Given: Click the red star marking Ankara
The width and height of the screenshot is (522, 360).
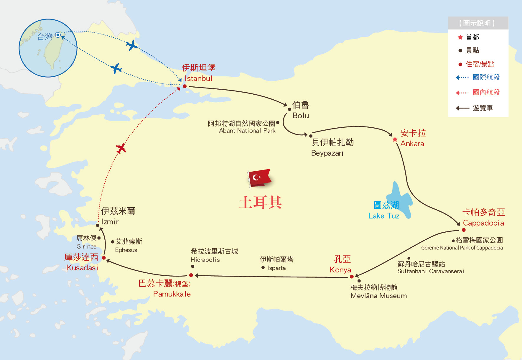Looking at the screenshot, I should click(x=395, y=139).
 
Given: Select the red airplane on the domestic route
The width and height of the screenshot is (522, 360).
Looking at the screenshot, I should click(x=121, y=148).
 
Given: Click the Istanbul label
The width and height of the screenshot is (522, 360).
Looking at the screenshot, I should click(x=198, y=78).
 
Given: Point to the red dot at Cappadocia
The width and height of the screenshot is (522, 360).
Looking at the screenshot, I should click(x=464, y=230).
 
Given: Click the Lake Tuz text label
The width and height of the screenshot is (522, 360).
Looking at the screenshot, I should click(x=384, y=216).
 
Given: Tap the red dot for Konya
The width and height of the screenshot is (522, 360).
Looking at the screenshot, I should click(x=352, y=277).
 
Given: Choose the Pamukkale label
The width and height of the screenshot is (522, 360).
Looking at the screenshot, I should click(x=172, y=294).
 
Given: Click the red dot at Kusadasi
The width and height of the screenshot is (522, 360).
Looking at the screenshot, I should click(x=104, y=258).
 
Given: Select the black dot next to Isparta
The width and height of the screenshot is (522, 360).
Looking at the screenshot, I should click(x=263, y=267).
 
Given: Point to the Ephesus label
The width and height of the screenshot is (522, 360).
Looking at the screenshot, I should click(x=126, y=250).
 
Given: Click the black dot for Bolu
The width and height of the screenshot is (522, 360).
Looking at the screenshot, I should click(x=289, y=109).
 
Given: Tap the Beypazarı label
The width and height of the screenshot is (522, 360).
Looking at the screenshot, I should click(x=327, y=153).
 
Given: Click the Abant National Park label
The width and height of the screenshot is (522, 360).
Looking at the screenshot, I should click(x=247, y=131).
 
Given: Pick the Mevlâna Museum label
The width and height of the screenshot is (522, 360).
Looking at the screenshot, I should click(x=378, y=296).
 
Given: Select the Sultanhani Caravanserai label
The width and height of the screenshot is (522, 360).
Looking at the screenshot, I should click(x=430, y=271).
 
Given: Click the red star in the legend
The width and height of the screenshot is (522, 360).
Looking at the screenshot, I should click(x=460, y=37).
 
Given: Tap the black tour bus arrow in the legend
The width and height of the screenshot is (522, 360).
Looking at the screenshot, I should click(x=462, y=108).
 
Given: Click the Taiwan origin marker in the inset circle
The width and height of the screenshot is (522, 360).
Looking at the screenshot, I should click(x=58, y=35).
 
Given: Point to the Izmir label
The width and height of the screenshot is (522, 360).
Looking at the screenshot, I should click(x=110, y=222).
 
